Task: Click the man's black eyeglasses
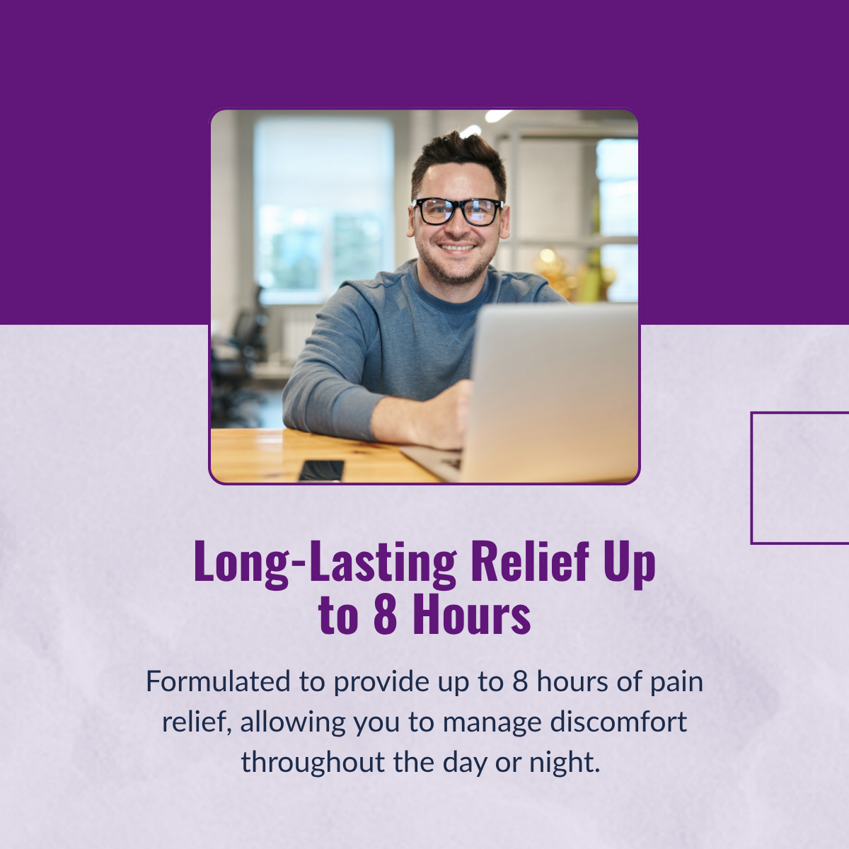pyautogui.click(x=458, y=212)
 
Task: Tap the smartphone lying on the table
pyautogui.click(x=322, y=470)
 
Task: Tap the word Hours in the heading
pyautogui.click(x=472, y=613)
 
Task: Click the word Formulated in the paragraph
pyautogui.click(x=218, y=681)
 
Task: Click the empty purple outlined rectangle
pyautogui.click(x=751, y=478)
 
